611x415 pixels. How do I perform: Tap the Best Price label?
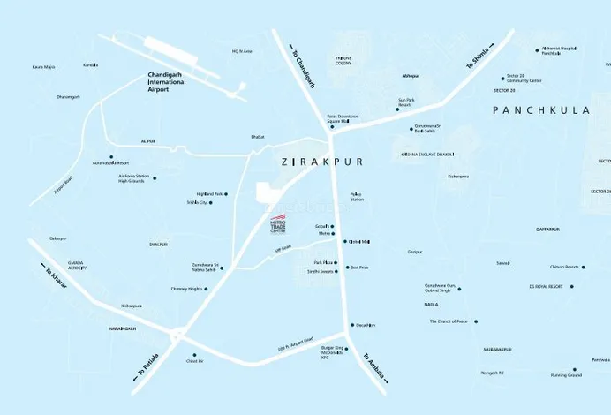(x=359, y=268)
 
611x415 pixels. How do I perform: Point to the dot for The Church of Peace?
(x=477, y=321)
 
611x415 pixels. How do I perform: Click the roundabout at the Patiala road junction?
(x=181, y=336)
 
